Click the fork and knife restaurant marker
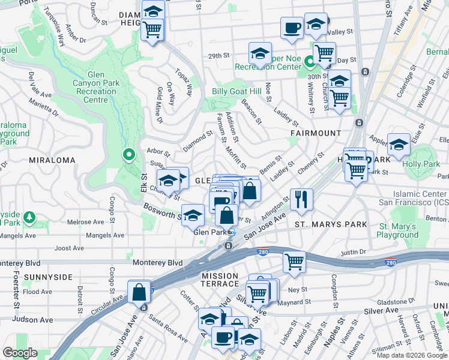click(x=301, y=199)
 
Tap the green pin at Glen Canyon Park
click(x=128, y=155)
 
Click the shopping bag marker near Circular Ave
click(x=139, y=293)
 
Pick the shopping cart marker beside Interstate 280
click(x=294, y=261)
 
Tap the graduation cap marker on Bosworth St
click(x=193, y=215)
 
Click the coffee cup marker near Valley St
click(x=292, y=28)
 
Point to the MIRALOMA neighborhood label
click(x=51, y=160)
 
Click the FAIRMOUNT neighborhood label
click(x=316, y=133)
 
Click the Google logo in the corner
click(x=20, y=352)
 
